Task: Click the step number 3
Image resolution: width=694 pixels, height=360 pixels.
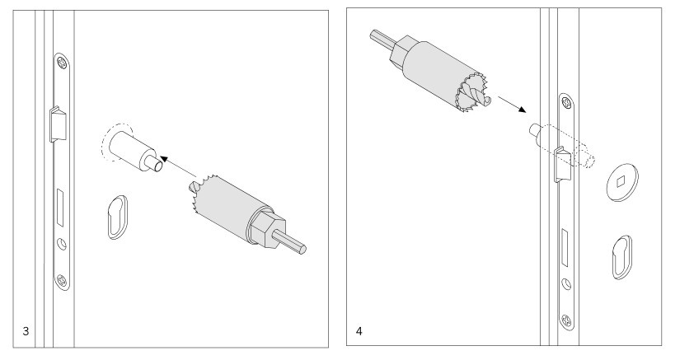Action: click(26, 331)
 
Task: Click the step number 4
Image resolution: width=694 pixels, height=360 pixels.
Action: click(359, 331)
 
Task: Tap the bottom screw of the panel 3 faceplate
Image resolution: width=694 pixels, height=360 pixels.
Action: click(62, 279)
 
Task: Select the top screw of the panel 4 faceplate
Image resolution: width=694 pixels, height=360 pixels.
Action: click(566, 103)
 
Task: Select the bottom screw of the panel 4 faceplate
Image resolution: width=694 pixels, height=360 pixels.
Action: click(566, 320)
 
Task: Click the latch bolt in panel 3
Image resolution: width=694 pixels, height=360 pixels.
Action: click(57, 124)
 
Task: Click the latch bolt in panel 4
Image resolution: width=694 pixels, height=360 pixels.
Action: click(561, 165)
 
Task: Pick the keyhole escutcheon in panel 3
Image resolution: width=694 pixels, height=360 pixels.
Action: click(117, 217)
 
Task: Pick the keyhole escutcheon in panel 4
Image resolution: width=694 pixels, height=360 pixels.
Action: click(621, 257)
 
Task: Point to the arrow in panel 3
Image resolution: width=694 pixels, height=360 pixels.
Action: click(178, 166)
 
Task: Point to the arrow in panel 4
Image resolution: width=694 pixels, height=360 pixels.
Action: click(512, 105)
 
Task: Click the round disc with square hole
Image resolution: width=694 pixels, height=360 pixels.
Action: click(621, 183)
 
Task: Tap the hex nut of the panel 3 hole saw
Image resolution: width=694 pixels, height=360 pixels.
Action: click(265, 228)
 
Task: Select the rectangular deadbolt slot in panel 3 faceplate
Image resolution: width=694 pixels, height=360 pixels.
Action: click(59, 208)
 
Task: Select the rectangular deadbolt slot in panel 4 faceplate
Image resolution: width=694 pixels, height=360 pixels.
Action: click(565, 248)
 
